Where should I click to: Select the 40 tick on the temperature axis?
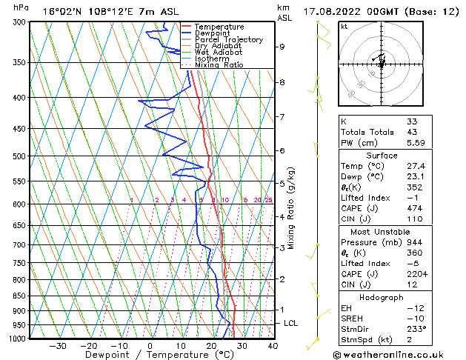(273, 345)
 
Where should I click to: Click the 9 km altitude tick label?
(282, 47)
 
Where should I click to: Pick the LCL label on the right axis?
(291, 323)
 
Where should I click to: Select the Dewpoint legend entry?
(211, 33)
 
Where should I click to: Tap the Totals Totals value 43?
(412, 132)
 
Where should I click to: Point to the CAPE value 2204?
(416, 274)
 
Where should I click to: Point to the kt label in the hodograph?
(344, 26)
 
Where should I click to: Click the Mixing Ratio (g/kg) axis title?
(291, 208)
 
